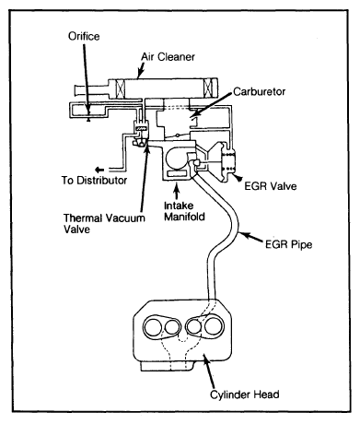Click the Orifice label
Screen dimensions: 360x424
coord(84,36)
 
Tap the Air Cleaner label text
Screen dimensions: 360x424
coord(168,57)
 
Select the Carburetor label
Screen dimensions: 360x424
coord(260,91)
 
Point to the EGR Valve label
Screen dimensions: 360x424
coord(271,186)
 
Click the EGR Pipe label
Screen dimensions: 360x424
coord(288,244)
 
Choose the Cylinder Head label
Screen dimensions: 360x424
coord(245,395)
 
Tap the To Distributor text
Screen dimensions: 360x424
coord(94,180)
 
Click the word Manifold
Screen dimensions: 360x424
coord(184,217)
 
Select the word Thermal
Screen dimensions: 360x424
coord(83,218)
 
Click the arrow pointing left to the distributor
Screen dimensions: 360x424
coord(99,170)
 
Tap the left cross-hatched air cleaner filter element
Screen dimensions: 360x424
coord(120,88)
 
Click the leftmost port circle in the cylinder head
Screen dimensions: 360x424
coord(153,327)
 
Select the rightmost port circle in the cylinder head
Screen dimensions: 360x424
coord(214,326)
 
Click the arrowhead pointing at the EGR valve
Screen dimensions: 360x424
coord(238,177)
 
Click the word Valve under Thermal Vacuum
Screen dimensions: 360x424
coord(76,230)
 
